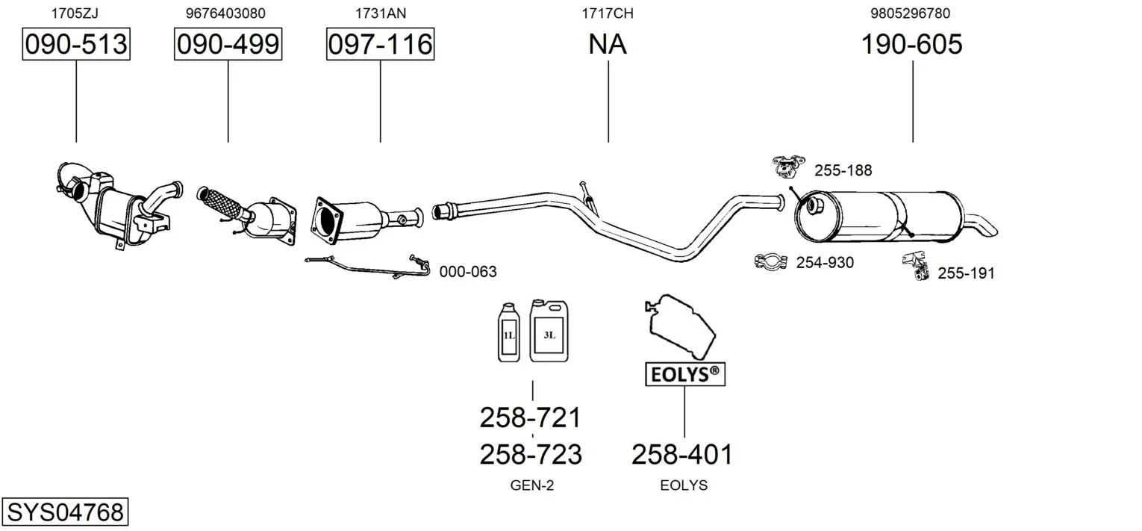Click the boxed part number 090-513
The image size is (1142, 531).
pyautogui.click(x=76, y=45)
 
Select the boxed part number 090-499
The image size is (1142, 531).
pyautogui.click(x=228, y=45)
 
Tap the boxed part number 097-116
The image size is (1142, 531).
pyautogui.click(x=380, y=45)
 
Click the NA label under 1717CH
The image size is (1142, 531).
pyautogui.click(x=608, y=45)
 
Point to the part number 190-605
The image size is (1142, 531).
pyautogui.click(x=912, y=45)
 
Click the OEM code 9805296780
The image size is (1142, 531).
pyautogui.click(x=911, y=13)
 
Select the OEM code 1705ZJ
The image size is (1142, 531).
pyautogui.click(x=75, y=13)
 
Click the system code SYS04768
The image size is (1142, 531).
pyautogui.click(x=65, y=512)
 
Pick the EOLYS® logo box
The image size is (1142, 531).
pyautogui.click(x=684, y=375)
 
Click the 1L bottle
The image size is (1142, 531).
pyautogui.click(x=508, y=334)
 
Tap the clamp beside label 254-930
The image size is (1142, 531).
pyautogui.click(x=772, y=262)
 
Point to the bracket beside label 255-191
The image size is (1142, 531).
pyautogui.click(x=915, y=266)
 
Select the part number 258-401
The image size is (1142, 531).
pyautogui.click(x=682, y=454)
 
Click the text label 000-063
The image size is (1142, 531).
pyautogui.click(x=467, y=273)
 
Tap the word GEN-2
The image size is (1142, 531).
pyautogui.click(x=531, y=485)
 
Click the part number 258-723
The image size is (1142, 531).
pyautogui.click(x=530, y=454)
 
